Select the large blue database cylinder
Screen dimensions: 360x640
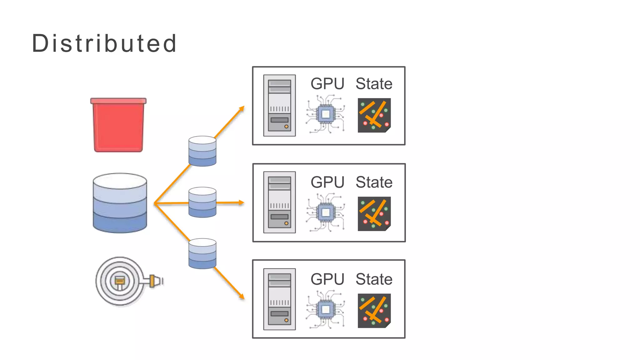point(120,203)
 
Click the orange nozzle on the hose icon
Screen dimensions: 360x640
point(155,281)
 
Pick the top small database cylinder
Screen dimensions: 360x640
point(202,151)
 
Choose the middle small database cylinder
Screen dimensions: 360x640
point(202,202)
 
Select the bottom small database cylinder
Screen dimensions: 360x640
point(202,253)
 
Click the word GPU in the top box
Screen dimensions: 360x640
point(327,84)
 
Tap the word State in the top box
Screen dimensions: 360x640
point(374,84)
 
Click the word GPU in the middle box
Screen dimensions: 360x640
point(327,182)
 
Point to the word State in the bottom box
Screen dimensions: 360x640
point(374,279)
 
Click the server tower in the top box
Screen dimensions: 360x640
point(279,106)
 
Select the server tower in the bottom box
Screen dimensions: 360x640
point(279,299)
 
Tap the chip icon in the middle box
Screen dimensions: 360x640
point(326,212)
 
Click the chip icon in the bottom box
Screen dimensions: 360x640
point(326,309)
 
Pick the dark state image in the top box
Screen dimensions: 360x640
point(374,115)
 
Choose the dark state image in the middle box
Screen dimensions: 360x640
point(374,214)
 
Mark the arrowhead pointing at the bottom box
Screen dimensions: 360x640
point(242,296)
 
